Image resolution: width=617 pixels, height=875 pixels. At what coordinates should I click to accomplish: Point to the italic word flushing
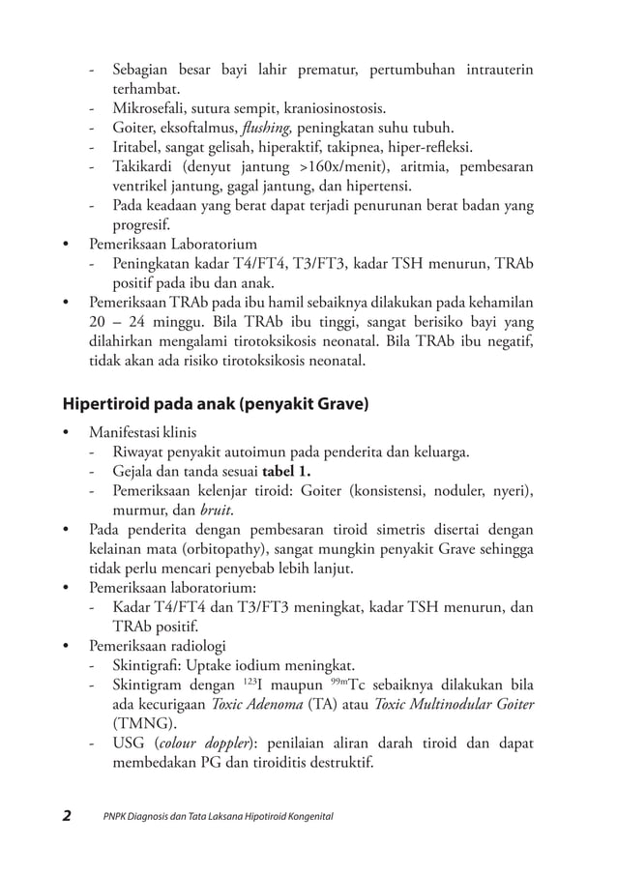(x=265, y=128)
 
